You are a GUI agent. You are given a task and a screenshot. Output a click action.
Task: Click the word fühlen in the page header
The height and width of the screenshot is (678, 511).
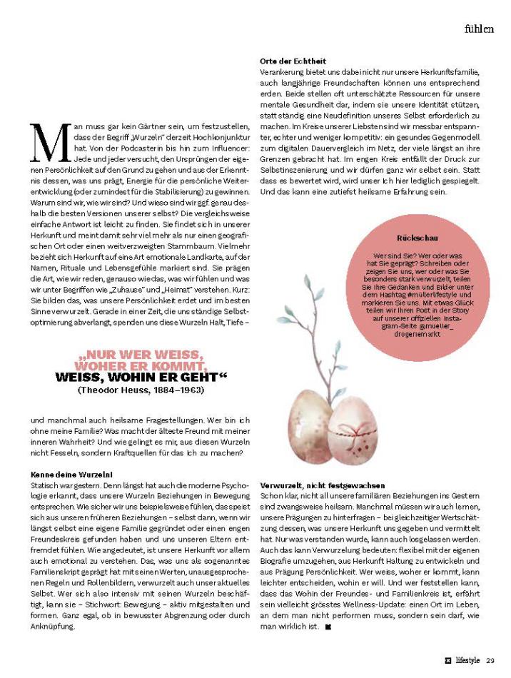coord(477,29)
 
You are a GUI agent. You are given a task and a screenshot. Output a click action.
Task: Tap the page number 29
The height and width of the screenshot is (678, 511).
coord(490,661)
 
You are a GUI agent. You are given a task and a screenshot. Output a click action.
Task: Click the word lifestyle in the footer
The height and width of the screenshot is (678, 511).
coord(467,661)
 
